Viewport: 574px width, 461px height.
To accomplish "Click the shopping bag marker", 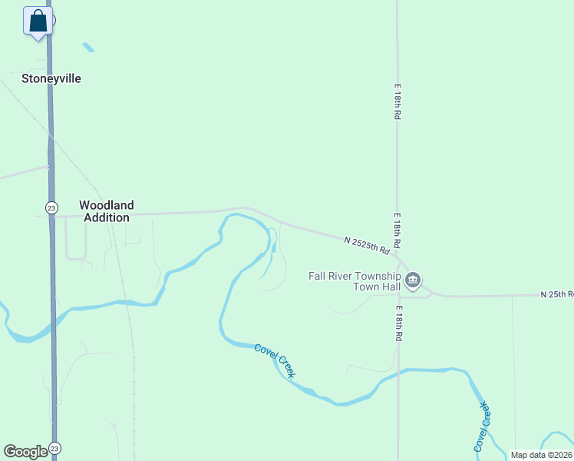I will [x=38, y=21].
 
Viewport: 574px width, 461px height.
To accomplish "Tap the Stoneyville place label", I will [x=51, y=78].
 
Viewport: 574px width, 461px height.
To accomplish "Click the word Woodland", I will [x=107, y=205].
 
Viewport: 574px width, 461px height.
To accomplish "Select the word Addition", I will [x=107, y=217].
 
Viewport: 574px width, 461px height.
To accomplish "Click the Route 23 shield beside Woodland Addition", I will [x=49, y=207].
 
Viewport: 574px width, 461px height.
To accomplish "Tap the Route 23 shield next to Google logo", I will [x=54, y=448].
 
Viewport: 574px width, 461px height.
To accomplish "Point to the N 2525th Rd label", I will [x=368, y=245].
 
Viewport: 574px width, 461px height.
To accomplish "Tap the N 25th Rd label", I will [x=556, y=294].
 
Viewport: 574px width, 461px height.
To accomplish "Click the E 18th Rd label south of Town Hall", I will [x=399, y=324].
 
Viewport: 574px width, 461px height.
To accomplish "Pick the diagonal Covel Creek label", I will [x=275, y=360].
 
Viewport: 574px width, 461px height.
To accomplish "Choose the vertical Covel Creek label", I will [x=480, y=426].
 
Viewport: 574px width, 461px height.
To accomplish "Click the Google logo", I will [x=25, y=451].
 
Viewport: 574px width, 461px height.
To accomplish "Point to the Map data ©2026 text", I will [x=541, y=455].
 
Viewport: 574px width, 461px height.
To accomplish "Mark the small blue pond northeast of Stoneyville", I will [x=88, y=48].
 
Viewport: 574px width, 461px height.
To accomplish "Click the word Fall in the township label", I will [x=317, y=276].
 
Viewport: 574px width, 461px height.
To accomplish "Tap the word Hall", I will [x=389, y=287].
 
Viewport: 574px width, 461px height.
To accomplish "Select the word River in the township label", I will [x=341, y=276].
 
